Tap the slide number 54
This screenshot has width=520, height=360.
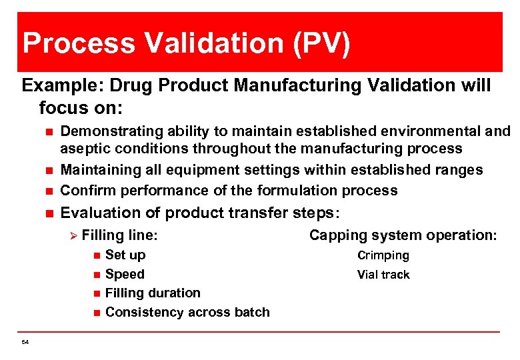[x=25, y=342]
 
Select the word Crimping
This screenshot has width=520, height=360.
[x=383, y=255]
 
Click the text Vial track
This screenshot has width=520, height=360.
[x=383, y=275]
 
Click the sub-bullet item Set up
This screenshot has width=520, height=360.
[x=125, y=255]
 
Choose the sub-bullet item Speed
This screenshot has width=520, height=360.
[x=125, y=274]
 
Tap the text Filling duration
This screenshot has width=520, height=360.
[x=153, y=293]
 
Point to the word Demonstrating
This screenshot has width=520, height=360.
[x=107, y=131]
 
